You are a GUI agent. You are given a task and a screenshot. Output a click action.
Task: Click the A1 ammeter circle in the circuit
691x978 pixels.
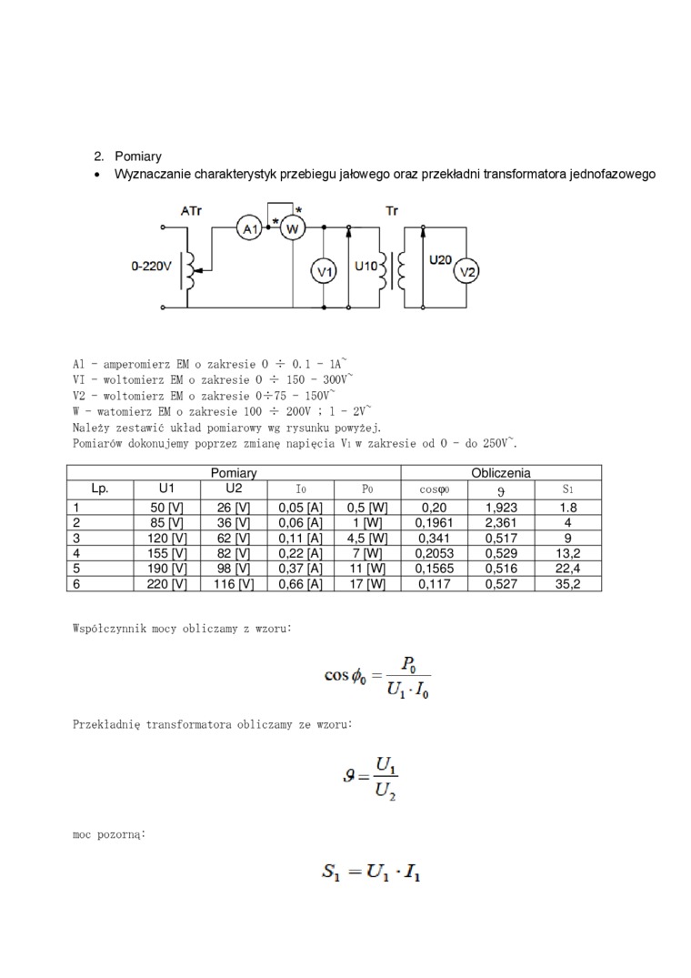pyautogui.click(x=249, y=229)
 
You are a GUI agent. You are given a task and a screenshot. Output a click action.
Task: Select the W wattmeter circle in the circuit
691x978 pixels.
pyautogui.click(x=292, y=229)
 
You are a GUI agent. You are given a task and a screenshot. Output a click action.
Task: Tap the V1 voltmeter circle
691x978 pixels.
pyautogui.click(x=325, y=270)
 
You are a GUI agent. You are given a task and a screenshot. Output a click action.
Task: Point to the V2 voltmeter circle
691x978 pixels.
pyautogui.click(x=466, y=270)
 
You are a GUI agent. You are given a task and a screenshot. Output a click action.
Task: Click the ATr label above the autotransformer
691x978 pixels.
pyautogui.click(x=191, y=210)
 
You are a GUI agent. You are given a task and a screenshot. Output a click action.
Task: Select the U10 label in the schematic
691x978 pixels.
pyautogui.click(x=366, y=266)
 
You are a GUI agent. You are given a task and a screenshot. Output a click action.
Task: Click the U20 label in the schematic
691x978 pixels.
pyautogui.click(x=440, y=259)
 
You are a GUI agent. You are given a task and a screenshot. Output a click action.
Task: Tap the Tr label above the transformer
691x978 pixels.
pyautogui.click(x=392, y=210)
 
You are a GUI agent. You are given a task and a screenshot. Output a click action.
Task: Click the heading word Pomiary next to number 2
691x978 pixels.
pyautogui.click(x=138, y=156)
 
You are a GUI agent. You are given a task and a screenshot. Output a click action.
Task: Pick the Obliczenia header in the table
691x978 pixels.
pyautogui.click(x=501, y=473)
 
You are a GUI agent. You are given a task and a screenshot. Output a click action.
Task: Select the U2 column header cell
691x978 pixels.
pyautogui.click(x=234, y=488)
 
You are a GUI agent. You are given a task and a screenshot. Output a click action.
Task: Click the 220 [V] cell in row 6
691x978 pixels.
pyautogui.click(x=166, y=584)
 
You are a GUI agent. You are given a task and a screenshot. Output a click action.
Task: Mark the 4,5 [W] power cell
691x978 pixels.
pyautogui.click(x=367, y=538)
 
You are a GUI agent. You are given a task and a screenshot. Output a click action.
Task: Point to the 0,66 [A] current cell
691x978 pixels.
pyautogui.click(x=300, y=584)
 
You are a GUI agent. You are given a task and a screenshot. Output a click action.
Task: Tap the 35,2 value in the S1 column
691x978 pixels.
pyautogui.click(x=567, y=584)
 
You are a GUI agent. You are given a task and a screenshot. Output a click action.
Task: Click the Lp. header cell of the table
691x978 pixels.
pyautogui.click(x=100, y=488)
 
